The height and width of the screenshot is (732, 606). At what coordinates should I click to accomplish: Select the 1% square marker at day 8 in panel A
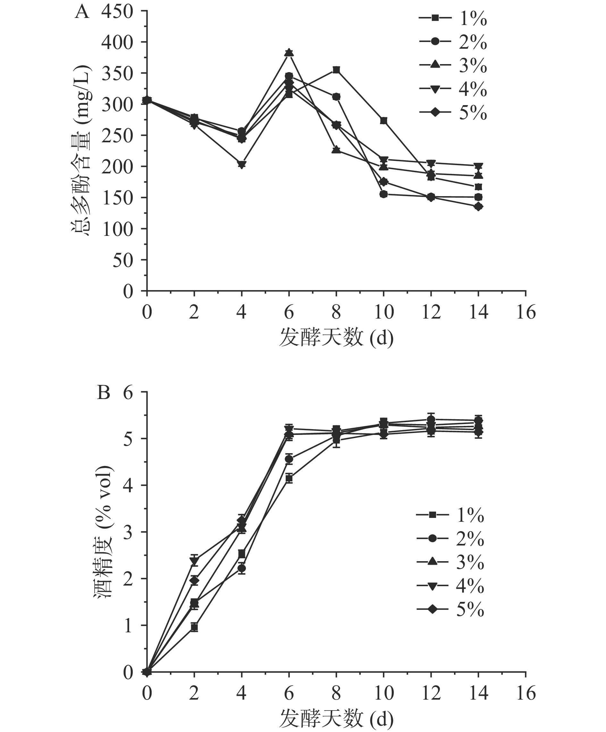336,70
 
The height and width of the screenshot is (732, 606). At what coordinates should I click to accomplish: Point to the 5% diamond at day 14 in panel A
478,207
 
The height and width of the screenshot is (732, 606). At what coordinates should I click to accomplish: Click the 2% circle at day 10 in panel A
383,194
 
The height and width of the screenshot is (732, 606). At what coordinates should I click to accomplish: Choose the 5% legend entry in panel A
453,112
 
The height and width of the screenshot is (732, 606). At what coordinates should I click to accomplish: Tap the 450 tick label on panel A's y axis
117,12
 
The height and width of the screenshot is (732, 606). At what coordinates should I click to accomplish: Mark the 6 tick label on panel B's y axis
128,393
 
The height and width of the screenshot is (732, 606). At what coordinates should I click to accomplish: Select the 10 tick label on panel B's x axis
383,693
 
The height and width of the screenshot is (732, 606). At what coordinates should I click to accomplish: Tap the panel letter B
103,393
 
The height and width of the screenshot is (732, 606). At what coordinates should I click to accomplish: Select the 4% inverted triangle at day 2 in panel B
194,561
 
